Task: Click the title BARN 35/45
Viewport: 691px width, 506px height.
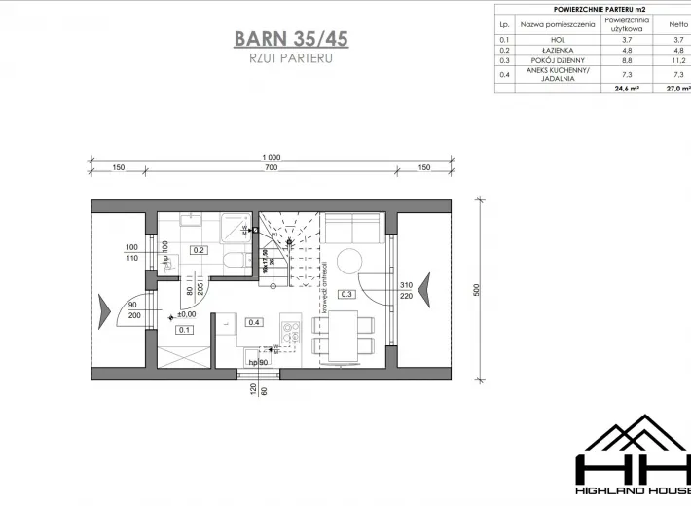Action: (x=291, y=39)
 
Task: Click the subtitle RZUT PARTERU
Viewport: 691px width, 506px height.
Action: (x=291, y=59)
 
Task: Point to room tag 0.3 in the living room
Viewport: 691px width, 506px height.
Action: (x=345, y=293)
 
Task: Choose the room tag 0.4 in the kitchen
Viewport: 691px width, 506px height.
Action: (x=255, y=322)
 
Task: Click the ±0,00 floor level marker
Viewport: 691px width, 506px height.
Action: (x=183, y=314)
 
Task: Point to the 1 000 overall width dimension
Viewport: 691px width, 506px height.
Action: (x=271, y=158)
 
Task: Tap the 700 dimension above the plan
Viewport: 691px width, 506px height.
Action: (x=271, y=168)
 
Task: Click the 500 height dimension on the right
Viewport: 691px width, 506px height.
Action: (x=478, y=291)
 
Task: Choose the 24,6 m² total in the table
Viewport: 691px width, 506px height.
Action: (x=624, y=89)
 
